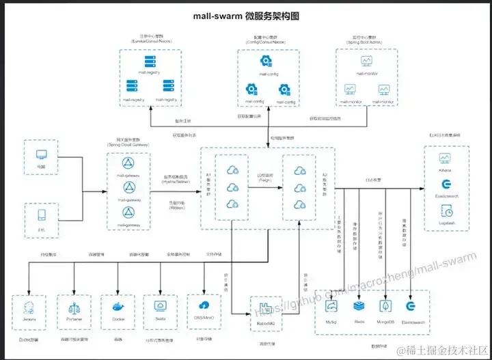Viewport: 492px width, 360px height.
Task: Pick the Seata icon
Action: coord(162,305)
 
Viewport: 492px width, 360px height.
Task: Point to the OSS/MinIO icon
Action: coord(205,305)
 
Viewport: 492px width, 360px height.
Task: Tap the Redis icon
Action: coord(359,306)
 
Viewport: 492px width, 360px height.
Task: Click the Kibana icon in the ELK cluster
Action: coord(446,158)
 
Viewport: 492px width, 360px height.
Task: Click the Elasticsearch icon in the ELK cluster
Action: coord(446,185)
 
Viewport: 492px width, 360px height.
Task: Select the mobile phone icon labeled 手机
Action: coord(42,217)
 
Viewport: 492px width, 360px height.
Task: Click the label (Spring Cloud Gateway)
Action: coord(128,145)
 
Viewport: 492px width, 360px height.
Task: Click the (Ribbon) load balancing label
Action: coord(176,207)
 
